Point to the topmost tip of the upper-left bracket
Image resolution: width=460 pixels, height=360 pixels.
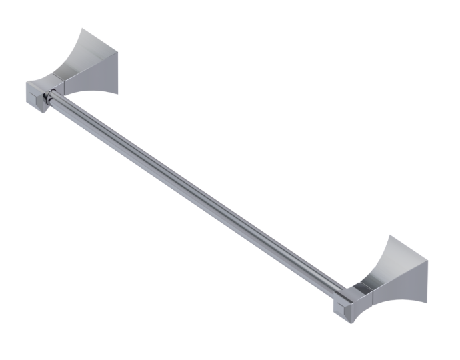[x=81, y=29]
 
